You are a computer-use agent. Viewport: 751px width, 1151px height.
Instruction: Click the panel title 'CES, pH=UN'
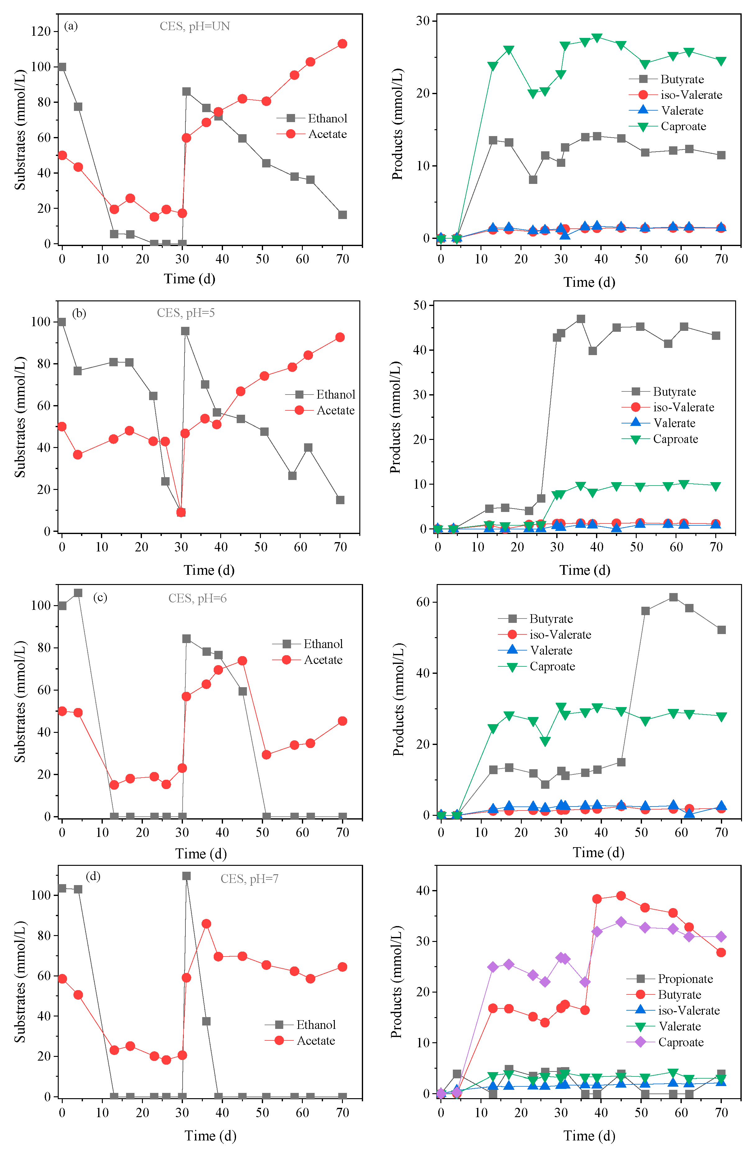pyautogui.click(x=194, y=26)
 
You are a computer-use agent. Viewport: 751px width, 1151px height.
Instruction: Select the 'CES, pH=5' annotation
pyautogui.click(x=186, y=313)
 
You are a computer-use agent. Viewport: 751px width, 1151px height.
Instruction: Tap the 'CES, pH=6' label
pyautogui.click(x=197, y=598)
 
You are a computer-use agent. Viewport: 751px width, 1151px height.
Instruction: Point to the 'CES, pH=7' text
pyautogui.click(x=249, y=879)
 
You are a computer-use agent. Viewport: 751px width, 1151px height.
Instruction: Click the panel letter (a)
pyautogui.click(x=71, y=26)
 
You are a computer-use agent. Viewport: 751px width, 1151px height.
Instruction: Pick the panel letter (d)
pyautogui.click(x=93, y=876)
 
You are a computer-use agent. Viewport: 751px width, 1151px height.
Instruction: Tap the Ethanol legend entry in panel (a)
pyautogui.click(x=312, y=118)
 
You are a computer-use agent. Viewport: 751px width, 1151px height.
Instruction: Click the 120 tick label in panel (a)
pyautogui.click(x=41, y=31)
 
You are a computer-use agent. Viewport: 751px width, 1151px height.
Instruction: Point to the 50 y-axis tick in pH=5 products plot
pyautogui.click(x=420, y=305)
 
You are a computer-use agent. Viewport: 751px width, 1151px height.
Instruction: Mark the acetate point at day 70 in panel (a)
pyautogui.click(x=342, y=44)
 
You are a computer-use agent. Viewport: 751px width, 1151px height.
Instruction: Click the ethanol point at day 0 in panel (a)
pyautogui.click(x=62, y=67)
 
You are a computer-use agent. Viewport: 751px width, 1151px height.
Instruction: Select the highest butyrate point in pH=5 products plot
pyautogui.click(x=581, y=319)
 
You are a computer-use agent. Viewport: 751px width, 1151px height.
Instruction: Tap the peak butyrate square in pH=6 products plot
pyautogui.click(x=673, y=597)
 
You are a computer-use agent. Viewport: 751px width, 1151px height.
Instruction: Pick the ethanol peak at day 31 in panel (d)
pyautogui.click(x=186, y=876)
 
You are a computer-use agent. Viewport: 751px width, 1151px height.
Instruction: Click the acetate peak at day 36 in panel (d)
pyautogui.click(x=206, y=924)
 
